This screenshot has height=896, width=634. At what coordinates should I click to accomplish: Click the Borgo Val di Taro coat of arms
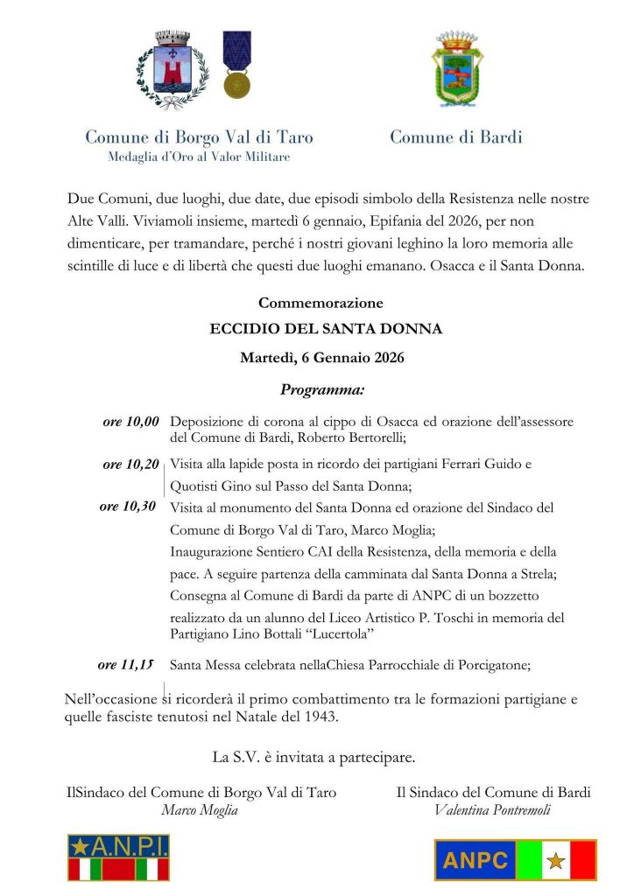pyautogui.click(x=173, y=68)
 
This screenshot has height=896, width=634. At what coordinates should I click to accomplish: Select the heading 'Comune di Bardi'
pyautogui.click(x=455, y=137)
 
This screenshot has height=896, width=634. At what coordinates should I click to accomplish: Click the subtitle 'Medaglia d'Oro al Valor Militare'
pyautogui.click(x=199, y=157)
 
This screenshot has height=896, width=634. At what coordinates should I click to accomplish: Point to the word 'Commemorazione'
pyautogui.click(x=321, y=303)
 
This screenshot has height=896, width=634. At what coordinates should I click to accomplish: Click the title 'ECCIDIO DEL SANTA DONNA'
pyautogui.click(x=326, y=330)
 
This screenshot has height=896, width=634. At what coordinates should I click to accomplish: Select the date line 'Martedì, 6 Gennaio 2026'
pyautogui.click(x=321, y=358)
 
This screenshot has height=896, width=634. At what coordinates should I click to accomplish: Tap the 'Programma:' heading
pyautogui.click(x=322, y=388)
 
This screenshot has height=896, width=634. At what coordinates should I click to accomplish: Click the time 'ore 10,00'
pyautogui.click(x=131, y=422)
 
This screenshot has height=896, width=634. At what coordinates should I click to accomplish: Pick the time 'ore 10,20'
pyautogui.click(x=130, y=465)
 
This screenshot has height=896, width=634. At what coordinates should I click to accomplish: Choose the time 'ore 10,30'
pyautogui.click(x=128, y=506)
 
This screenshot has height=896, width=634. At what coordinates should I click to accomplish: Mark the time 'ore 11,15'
pyautogui.click(x=126, y=665)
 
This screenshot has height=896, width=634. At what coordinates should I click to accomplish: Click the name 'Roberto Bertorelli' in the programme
pyautogui.click(x=349, y=437)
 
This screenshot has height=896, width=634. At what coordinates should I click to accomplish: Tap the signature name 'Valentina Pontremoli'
pyautogui.click(x=492, y=809)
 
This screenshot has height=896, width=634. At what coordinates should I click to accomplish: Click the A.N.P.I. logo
pyautogui.click(x=118, y=857)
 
